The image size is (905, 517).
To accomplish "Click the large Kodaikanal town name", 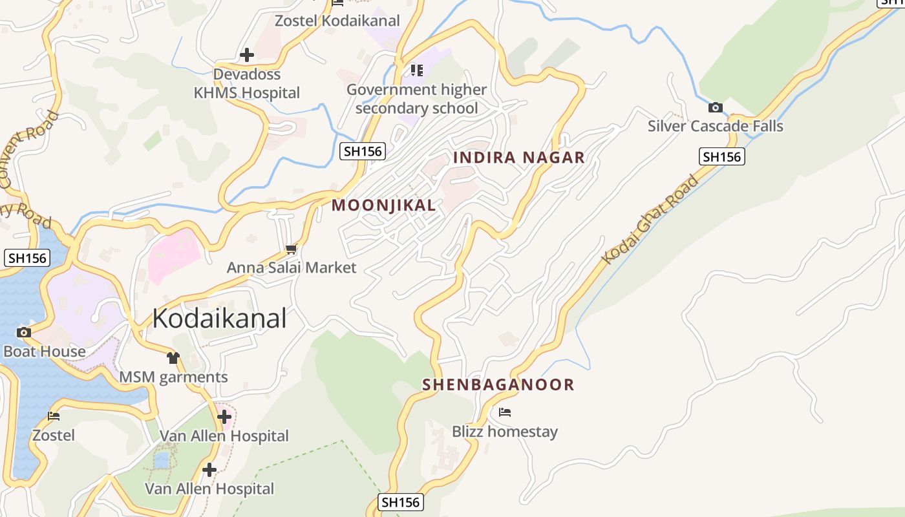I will (219, 319).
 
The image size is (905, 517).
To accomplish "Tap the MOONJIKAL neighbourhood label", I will (383, 206).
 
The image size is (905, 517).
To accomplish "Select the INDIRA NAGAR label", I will (518, 157).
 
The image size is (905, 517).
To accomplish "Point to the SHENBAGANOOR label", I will (498, 385).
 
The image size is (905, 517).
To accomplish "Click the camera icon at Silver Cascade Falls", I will (715, 107).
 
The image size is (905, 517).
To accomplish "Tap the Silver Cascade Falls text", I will (715, 126).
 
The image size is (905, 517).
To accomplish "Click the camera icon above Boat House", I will (24, 333).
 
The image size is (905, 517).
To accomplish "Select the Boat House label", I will (44, 352).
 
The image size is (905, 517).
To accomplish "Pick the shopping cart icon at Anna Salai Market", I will (291, 249).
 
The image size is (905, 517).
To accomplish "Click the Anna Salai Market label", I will (291, 268).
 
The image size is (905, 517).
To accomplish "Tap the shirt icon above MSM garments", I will (173, 357).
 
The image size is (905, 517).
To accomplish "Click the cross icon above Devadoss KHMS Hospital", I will (246, 55).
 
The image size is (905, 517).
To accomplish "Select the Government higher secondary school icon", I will (416, 70).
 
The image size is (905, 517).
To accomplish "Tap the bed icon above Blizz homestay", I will (505, 412).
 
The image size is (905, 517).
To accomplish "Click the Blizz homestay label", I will (504, 432).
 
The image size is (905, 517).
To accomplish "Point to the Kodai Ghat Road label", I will (650, 220).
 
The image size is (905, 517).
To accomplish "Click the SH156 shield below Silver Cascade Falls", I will (721, 156).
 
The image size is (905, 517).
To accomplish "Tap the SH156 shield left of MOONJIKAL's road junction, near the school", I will (363, 151).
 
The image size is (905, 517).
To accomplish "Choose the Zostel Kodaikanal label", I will (337, 21).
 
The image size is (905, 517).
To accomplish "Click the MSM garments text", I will (173, 377).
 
